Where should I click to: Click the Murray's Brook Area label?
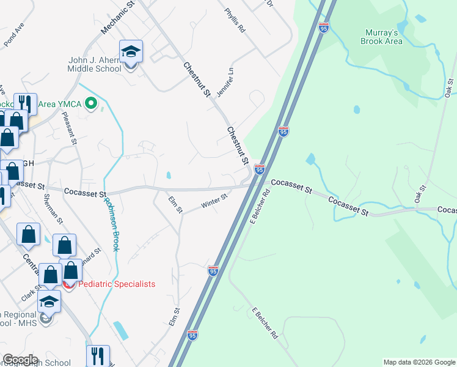click(383, 37)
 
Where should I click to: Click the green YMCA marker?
click(91, 104)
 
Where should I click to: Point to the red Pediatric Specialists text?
click(116, 284)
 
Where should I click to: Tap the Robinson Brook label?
click(111, 224)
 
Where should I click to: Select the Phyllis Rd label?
click(235, 20)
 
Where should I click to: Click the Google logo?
click(20, 360)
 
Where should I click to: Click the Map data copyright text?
click(419, 362)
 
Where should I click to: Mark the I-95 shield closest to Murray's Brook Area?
click(324, 27)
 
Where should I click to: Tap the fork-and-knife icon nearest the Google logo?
click(98, 355)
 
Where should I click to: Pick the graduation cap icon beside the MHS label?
click(49, 302)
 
